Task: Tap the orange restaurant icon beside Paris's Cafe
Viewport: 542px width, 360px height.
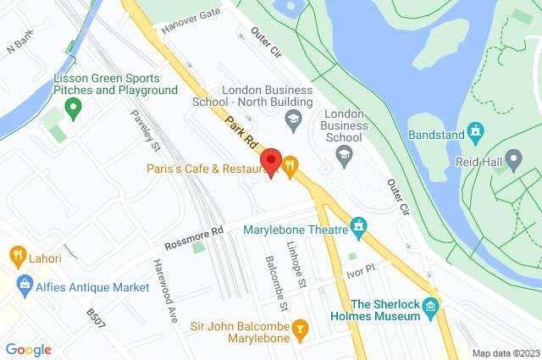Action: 290,167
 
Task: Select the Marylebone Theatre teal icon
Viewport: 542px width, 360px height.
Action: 361,228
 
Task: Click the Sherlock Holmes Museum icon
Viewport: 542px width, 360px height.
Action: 432,306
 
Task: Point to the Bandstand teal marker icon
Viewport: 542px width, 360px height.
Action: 476,132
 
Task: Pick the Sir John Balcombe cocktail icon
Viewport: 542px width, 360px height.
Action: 299,328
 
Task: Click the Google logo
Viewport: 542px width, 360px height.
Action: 28,349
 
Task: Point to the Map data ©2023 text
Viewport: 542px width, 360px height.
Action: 505,353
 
